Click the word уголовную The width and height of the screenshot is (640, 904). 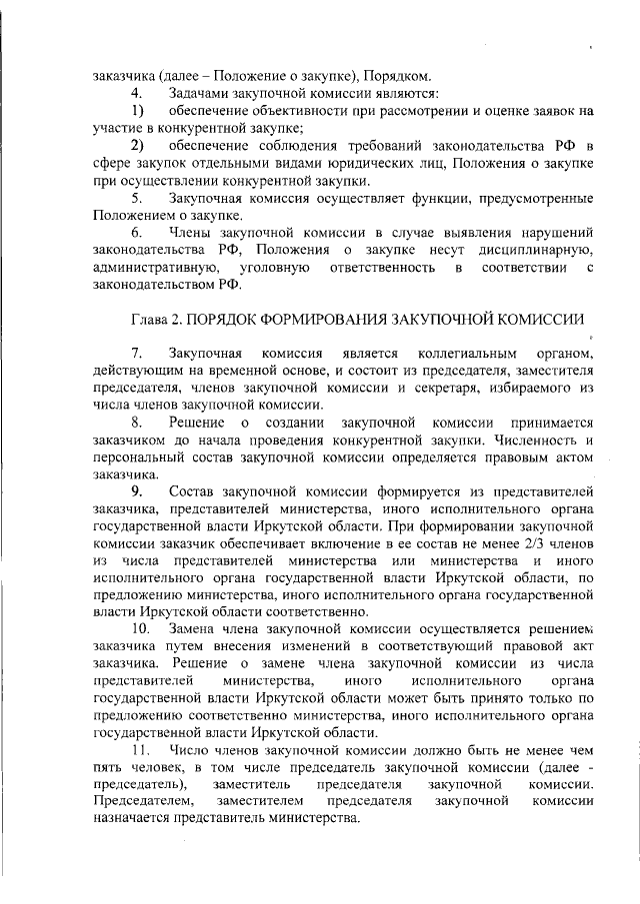pos(274,266)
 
